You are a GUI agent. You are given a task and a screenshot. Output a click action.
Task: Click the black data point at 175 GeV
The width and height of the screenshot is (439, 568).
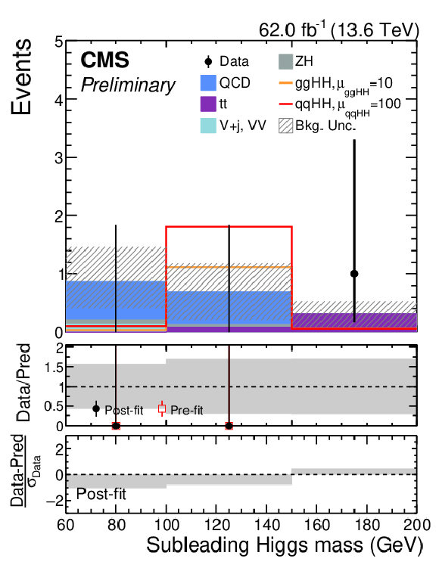[354, 274]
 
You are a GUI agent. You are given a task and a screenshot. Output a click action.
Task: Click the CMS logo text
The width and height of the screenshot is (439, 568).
[104, 60]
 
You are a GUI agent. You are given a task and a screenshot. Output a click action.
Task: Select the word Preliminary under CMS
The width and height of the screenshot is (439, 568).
[128, 85]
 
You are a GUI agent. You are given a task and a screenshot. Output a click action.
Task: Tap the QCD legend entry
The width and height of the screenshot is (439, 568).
[225, 83]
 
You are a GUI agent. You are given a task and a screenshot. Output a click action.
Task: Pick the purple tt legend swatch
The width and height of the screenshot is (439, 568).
[208, 104]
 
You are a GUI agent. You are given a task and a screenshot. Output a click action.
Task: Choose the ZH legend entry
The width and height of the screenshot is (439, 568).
[295, 61]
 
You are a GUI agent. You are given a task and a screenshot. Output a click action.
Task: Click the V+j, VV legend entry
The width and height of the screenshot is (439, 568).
[233, 126]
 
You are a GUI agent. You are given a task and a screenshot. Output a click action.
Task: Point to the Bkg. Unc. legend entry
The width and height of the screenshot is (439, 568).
[317, 126]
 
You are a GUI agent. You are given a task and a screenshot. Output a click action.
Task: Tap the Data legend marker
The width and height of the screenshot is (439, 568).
[208, 61]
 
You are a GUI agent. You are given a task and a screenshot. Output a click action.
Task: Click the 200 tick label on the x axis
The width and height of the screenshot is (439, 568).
[417, 525]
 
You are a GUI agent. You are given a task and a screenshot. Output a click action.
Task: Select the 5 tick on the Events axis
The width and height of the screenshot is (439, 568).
[59, 42]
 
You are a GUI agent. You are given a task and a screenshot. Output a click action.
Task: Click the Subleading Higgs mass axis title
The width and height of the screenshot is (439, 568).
[285, 545]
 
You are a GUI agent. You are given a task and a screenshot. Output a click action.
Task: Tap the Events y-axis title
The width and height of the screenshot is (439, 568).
[21, 77]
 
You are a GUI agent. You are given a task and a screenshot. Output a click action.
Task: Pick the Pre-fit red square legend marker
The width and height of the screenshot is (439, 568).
[162, 409]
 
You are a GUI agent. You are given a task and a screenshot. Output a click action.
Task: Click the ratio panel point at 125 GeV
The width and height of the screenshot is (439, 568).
[229, 426]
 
